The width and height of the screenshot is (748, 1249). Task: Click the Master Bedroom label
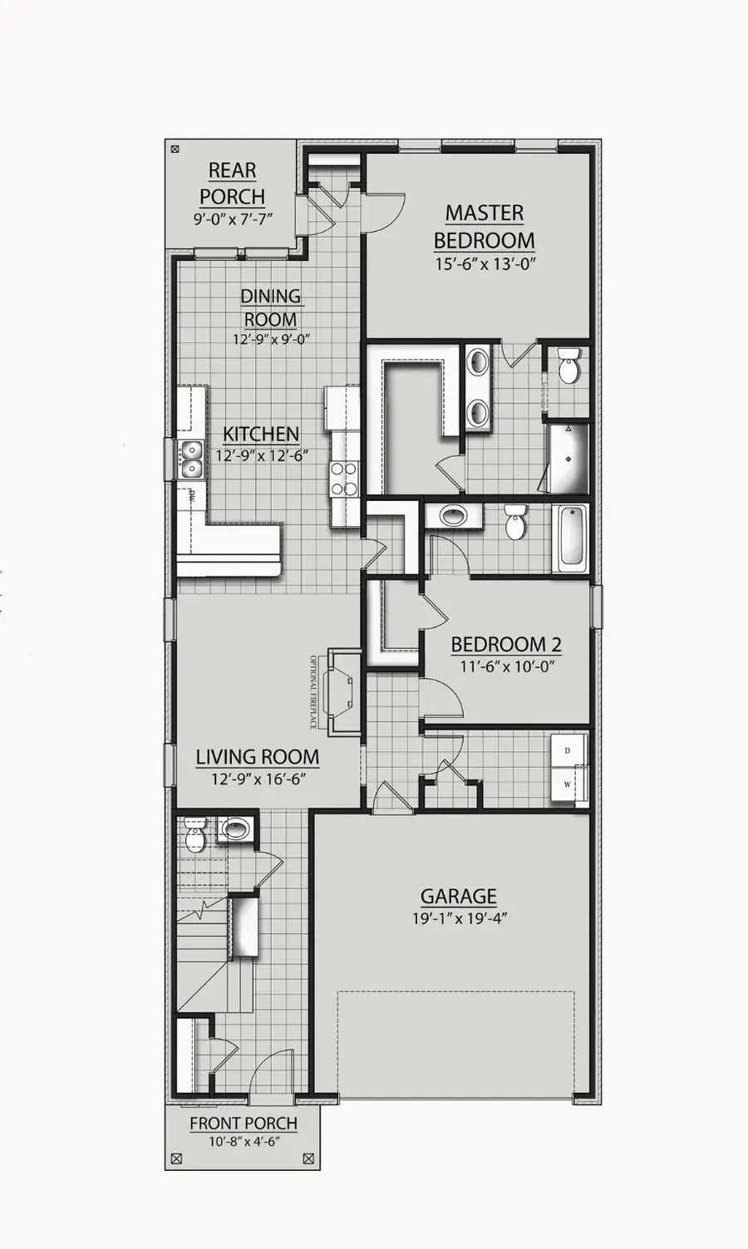(484, 227)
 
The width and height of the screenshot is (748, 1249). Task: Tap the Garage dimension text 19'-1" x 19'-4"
(460, 918)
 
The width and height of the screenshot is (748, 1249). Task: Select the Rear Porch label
(232, 184)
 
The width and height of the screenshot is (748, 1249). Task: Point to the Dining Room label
(270, 307)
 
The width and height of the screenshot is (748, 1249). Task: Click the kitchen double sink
(192, 460)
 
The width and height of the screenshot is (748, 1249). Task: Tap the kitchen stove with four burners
(344, 479)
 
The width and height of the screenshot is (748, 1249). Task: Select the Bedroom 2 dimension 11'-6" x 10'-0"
(506, 666)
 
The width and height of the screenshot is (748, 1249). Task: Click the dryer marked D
(568, 751)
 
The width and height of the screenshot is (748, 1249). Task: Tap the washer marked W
(568, 784)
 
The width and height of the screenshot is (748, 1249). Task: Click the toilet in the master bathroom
(569, 366)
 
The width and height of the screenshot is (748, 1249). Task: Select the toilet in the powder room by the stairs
(196, 838)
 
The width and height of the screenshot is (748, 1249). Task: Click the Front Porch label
(243, 1124)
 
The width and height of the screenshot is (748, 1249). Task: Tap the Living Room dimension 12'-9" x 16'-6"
(257, 779)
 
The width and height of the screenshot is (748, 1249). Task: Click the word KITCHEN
(261, 434)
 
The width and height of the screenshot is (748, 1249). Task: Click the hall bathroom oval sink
(453, 516)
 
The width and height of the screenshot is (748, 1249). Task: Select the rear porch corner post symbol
(175, 150)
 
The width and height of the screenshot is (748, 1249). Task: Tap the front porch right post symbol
(308, 1158)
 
